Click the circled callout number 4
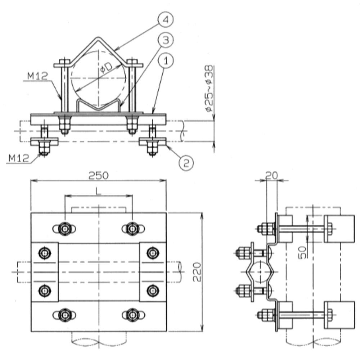pos(166,20)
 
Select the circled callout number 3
pos(166,40)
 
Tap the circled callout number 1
pos(166,60)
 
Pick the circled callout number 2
pos(186,163)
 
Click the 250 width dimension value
pos(99,176)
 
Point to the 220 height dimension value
pos(197,272)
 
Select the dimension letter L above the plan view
pos(98,191)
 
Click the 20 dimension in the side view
pos(271,176)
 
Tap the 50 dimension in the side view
pos(302,253)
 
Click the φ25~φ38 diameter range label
pos(209,89)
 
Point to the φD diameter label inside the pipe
pos(106,68)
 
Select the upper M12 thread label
pos(37,76)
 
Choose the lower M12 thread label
pos(19,158)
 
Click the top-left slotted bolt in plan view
pos(64,229)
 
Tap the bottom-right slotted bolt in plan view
pos(133,315)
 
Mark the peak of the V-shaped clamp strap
pos(98,38)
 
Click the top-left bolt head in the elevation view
pos(64,62)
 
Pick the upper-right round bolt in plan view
pos(152,253)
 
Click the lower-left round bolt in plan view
pos(45,291)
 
